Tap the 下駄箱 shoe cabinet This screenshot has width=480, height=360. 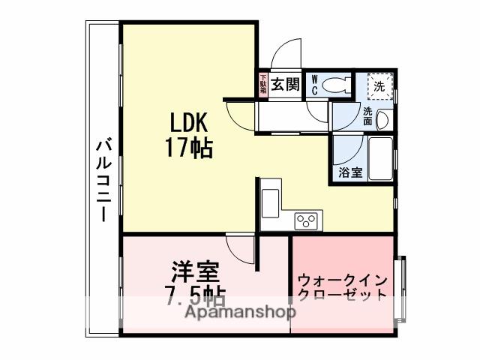(263, 84)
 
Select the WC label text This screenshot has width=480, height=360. (314, 85)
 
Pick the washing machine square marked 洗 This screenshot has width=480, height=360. (379, 86)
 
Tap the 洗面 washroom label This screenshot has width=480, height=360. (368, 116)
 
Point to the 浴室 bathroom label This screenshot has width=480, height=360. (349, 172)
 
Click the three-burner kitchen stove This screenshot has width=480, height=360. (306, 220)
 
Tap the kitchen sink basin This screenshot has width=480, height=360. (270, 202)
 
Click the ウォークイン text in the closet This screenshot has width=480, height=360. (341, 280)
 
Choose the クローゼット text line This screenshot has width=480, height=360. (342, 294)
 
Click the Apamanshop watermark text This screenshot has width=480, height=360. (235, 312)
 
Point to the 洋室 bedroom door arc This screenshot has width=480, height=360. (241, 247)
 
